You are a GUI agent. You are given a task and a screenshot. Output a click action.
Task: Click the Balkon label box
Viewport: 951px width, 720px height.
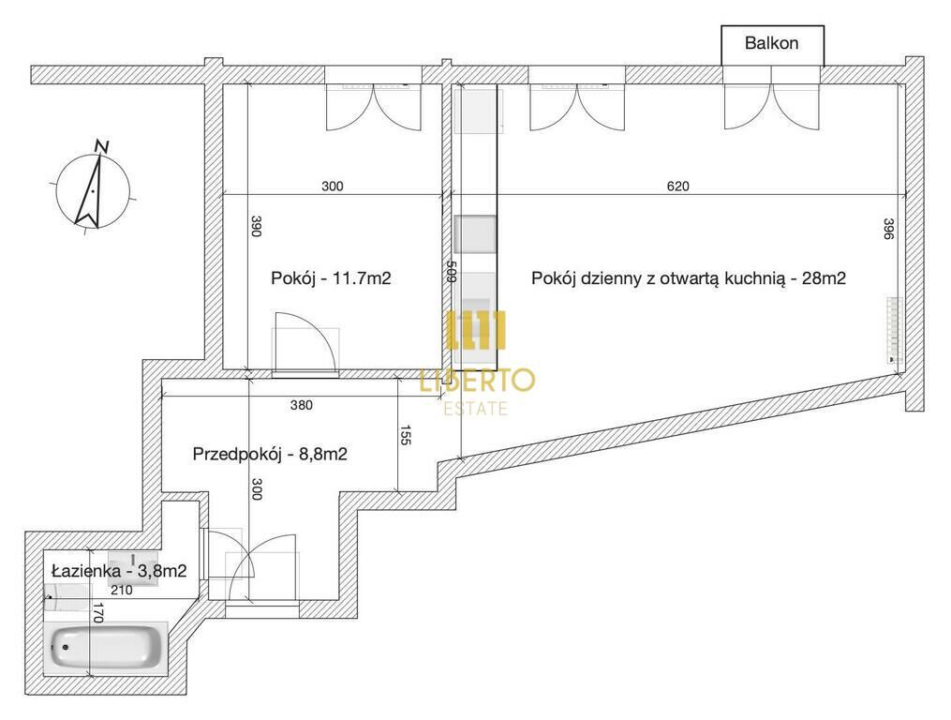tap(772, 45)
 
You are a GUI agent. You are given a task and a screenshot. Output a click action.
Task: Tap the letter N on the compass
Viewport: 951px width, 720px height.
tap(102, 145)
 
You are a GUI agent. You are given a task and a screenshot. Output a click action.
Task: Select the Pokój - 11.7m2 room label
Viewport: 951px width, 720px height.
tap(331, 278)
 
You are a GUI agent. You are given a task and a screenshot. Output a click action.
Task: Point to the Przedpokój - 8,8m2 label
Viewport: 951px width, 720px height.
tap(270, 454)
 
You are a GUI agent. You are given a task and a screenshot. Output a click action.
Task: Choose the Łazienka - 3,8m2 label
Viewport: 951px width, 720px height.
tap(119, 571)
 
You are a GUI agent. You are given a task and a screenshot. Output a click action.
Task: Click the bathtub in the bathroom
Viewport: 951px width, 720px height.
tap(107, 647)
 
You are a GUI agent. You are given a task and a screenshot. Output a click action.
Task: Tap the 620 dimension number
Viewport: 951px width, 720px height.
tap(678, 186)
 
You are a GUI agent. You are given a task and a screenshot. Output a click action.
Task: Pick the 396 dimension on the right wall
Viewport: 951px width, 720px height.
tap(888, 228)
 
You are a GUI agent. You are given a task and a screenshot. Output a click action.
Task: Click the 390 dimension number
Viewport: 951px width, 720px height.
tap(256, 226)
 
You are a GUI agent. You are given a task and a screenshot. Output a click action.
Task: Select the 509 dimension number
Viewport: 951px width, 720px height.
tap(451, 271)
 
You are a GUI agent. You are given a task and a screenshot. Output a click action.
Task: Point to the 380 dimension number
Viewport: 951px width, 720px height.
tap(302, 405)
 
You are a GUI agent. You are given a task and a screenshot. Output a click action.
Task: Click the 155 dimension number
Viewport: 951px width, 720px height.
tap(406, 435)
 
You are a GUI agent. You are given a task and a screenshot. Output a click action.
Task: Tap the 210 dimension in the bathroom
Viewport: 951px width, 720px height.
tap(122, 590)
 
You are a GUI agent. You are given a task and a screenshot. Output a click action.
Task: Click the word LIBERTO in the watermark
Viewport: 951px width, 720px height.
tap(478, 381)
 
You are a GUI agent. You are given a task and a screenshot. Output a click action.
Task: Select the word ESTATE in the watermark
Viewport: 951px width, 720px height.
tap(476, 409)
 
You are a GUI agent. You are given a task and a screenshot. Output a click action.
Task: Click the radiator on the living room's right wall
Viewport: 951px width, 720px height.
tap(894, 330)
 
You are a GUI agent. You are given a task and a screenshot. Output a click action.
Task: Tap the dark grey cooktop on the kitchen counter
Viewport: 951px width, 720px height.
tap(476, 234)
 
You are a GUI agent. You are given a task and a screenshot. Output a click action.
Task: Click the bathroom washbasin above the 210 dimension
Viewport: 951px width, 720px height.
tap(133, 568)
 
